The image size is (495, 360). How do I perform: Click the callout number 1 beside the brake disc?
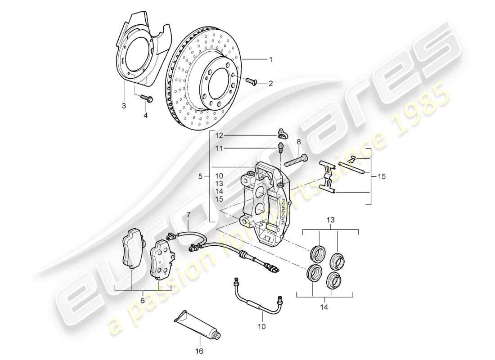(x=271, y=59)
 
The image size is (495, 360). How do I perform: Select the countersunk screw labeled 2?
(x=251, y=81)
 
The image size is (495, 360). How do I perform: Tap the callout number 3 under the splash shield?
(x=123, y=106)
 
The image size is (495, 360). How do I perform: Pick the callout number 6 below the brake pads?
(x=143, y=301)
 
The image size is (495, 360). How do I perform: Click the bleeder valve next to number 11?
(x=280, y=147)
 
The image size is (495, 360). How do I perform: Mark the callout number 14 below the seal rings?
(x=324, y=308)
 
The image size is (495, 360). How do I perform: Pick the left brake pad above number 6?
(x=132, y=249)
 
